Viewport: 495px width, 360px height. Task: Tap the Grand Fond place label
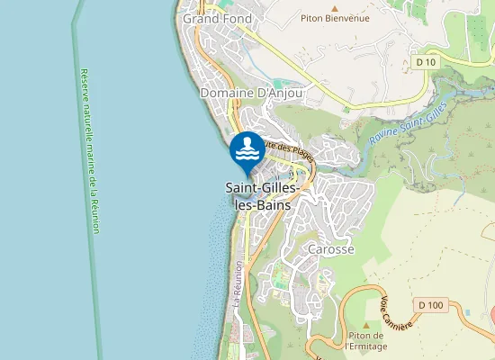point(217,18)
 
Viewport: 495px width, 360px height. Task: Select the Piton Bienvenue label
point(335,18)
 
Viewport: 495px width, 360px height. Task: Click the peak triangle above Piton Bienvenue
point(335,7)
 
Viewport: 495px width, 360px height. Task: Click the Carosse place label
point(331,248)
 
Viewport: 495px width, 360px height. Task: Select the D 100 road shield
point(431,305)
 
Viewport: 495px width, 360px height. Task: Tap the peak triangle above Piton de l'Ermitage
point(366,324)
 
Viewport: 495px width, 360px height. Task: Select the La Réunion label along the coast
point(238,285)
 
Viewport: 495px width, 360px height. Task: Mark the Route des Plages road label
point(288,149)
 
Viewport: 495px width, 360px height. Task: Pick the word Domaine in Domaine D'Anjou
point(228,93)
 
